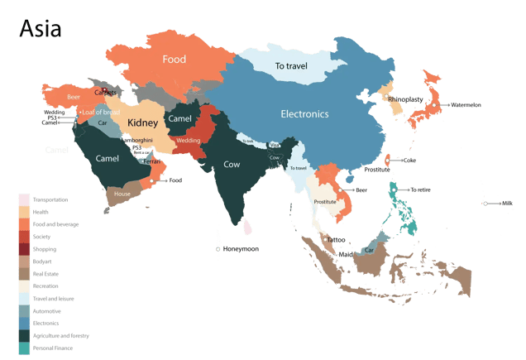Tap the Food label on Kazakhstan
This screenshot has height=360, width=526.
(x=174, y=60)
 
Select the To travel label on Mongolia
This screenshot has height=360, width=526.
(x=291, y=65)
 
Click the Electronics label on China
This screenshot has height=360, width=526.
(x=304, y=113)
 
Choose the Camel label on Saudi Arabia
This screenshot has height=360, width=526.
(x=108, y=157)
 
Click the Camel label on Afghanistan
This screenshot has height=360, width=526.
(x=179, y=119)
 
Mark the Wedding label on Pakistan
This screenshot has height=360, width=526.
(x=188, y=140)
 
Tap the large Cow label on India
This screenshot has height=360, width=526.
(x=232, y=164)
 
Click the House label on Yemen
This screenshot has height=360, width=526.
(x=122, y=194)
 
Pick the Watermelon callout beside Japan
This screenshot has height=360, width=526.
(x=470, y=105)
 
